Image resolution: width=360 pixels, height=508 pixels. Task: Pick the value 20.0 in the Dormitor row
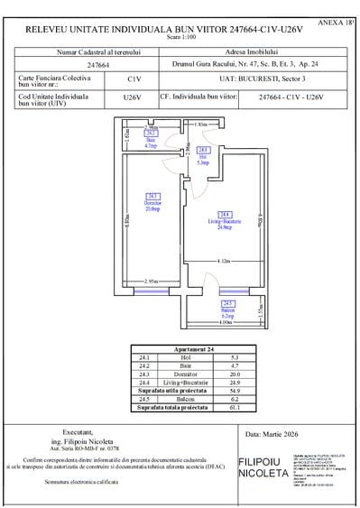[235, 373]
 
